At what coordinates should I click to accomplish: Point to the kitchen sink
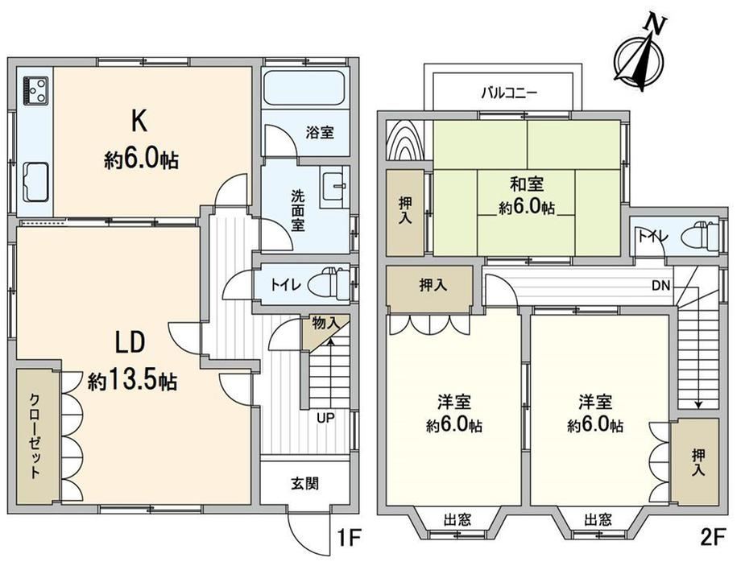click(x=36, y=181)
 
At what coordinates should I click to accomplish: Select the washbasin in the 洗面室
click(x=334, y=188)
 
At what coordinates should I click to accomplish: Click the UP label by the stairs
click(x=325, y=418)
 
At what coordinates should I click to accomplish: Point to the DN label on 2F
click(x=661, y=285)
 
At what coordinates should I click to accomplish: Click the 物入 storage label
click(x=326, y=324)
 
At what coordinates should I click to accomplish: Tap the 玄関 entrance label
click(x=304, y=483)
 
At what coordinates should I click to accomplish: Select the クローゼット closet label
click(x=35, y=436)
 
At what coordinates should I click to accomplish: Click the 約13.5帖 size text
click(x=132, y=381)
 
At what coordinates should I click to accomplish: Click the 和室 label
click(x=527, y=184)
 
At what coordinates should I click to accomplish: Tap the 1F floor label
click(x=348, y=537)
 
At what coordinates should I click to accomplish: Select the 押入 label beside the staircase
click(x=698, y=462)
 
